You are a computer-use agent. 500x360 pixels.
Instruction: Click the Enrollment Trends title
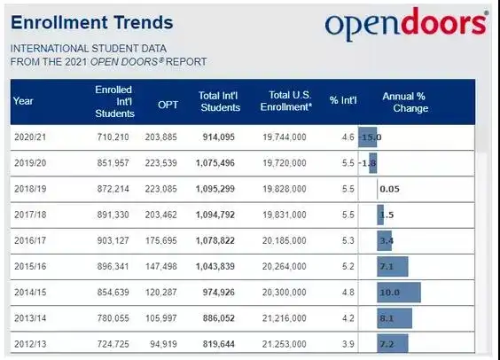point(92,22)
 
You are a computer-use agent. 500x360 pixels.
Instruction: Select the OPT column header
point(168,105)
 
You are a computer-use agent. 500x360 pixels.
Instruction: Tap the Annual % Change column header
point(405,102)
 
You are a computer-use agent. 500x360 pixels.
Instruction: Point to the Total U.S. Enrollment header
point(286,101)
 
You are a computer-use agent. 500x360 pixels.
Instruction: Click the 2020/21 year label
point(30,137)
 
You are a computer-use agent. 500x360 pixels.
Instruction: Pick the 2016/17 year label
point(30,240)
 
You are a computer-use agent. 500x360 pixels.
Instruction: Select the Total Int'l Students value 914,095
point(218,137)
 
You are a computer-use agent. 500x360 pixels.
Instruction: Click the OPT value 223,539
point(160,163)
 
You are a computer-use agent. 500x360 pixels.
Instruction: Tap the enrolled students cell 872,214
point(113,189)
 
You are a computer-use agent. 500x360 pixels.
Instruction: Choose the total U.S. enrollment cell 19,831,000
point(284,215)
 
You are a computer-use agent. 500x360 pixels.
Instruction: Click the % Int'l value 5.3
point(348,240)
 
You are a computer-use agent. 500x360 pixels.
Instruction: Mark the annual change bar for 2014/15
point(399,293)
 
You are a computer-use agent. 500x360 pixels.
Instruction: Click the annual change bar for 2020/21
point(367,137)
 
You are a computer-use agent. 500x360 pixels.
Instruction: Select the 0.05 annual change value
point(390,189)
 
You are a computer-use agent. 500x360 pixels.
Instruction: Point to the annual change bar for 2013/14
point(395,318)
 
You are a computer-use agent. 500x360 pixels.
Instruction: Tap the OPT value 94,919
point(163,344)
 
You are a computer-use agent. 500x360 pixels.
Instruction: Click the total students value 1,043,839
point(215,266)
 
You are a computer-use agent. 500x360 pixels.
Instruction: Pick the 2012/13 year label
point(30,344)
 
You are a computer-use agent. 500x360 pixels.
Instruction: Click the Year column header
point(23,101)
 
